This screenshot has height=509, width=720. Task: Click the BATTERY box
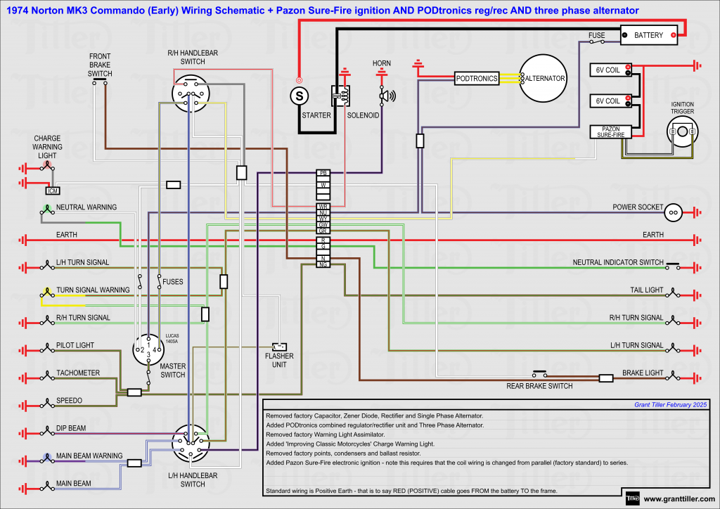point(648,35)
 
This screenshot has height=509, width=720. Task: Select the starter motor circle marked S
point(300,95)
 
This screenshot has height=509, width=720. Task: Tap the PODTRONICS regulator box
point(476,79)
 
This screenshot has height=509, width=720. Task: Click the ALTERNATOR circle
point(543,78)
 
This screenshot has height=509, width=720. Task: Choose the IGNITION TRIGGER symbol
point(682,131)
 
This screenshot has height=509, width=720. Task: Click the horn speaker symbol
point(386,96)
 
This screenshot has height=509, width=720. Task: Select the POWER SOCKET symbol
point(673,211)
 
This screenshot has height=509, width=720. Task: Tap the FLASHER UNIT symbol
point(279,347)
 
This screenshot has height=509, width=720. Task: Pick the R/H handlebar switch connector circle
point(191,94)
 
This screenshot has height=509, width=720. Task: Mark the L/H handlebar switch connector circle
point(191,442)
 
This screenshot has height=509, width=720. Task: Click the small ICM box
point(53,191)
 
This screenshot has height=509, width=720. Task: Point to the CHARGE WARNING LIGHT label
point(47,147)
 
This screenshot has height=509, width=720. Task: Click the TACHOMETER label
point(78,373)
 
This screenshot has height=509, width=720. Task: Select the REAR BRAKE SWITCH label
point(539,386)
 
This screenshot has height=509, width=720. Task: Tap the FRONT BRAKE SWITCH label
point(100,65)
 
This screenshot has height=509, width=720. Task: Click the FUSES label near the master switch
point(173,281)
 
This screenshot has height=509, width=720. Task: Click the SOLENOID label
point(363,115)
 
